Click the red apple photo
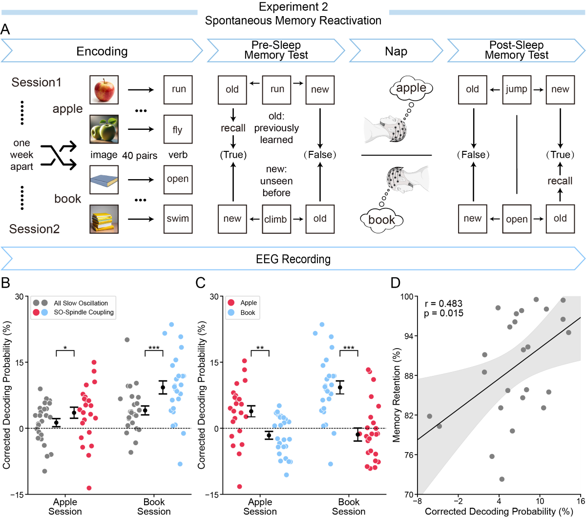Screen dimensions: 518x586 pos(104,89)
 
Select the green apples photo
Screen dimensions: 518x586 pos(104,129)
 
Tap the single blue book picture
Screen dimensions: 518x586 pos(104,179)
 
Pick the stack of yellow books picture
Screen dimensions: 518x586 pos(104,219)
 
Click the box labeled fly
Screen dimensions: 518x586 pos(178,129)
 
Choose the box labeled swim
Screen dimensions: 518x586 pos(178,219)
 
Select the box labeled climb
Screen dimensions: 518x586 pos(276,219)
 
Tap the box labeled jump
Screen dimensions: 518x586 pos(516,89)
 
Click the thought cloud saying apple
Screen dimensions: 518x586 pos(411,88)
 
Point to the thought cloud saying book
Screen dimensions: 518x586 pos(382,220)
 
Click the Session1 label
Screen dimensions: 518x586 pos(37,82)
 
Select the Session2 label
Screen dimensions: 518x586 pos(34,228)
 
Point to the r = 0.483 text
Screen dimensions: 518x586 pos(444,304)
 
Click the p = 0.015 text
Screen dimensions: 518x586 pos(444,313)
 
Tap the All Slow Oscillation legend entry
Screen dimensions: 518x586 pos(80,303)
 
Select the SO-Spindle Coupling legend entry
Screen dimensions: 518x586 pos(83,312)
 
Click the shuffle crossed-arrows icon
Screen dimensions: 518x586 pos(59,155)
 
